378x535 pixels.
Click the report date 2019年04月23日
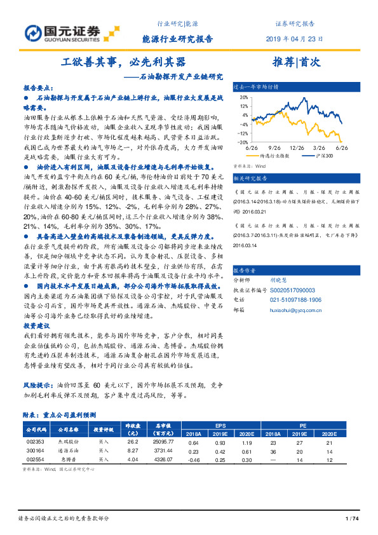coord(295,39)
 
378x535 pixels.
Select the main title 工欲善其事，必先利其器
coord(124,63)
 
